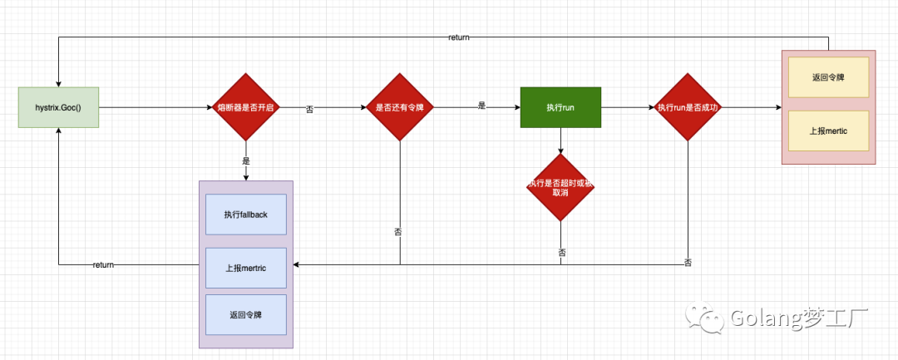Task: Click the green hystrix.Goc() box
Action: [58, 107]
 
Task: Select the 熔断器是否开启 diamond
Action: [245, 107]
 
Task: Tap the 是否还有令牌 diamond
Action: [402, 107]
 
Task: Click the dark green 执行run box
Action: [560, 107]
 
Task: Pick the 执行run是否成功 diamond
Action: [688, 107]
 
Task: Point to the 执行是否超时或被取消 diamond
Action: [560, 187]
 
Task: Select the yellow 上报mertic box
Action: [828, 131]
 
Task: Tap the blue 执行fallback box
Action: [245, 215]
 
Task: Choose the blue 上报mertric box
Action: [245, 268]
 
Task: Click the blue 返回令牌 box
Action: [245, 315]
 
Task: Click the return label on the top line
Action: [459, 37]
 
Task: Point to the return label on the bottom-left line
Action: [103, 264]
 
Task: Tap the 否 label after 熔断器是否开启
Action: [310, 109]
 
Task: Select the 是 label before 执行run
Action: [481, 106]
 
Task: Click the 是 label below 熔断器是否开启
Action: [245, 160]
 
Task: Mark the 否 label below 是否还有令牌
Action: [398, 231]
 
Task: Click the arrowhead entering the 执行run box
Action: [516, 107]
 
